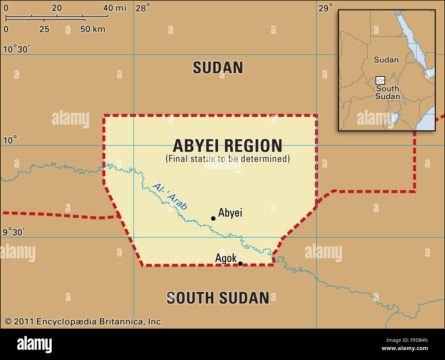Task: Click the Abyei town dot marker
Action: click(213, 218)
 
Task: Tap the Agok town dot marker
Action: click(240, 263)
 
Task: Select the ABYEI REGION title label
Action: click(228, 146)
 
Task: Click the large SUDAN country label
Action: click(218, 67)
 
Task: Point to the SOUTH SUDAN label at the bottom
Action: click(218, 298)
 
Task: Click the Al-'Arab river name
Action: click(170, 196)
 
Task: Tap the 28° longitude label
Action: click(143, 8)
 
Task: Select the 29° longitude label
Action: click(326, 8)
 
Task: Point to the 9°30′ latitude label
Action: click(14, 232)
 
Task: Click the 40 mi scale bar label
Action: click(115, 8)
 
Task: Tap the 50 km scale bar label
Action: click(93, 29)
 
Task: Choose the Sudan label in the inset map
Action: click(386, 60)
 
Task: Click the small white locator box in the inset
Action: click(380, 80)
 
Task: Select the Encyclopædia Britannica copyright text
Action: click(84, 322)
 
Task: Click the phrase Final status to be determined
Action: click(228, 159)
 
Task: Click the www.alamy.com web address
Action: click(405, 348)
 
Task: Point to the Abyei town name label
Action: click(230, 213)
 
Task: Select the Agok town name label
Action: click(226, 258)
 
